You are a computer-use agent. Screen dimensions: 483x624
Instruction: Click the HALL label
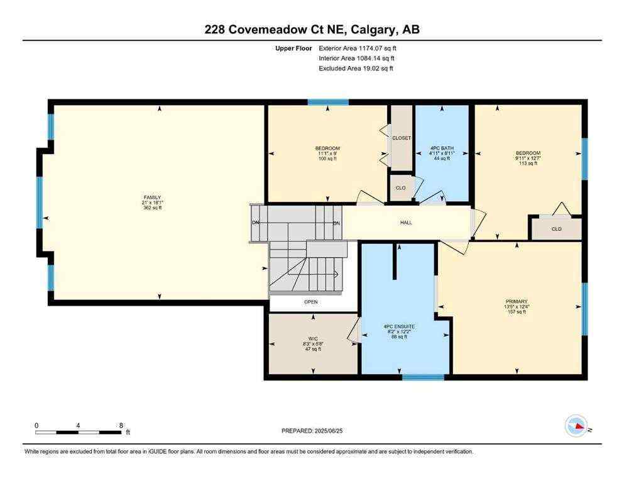pyautogui.click(x=406, y=223)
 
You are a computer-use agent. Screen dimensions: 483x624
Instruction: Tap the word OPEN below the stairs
pyautogui.click(x=311, y=302)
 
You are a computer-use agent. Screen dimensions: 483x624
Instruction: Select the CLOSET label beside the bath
pyautogui.click(x=401, y=138)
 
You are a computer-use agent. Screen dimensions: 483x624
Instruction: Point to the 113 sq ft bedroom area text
pyautogui.click(x=528, y=164)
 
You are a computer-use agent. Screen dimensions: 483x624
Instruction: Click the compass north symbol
pyautogui.click(x=577, y=427)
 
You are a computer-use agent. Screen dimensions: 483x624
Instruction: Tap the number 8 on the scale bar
pyautogui.click(x=120, y=425)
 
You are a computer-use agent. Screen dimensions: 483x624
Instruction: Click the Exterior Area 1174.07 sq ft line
pyautogui.click(x=358, y=48)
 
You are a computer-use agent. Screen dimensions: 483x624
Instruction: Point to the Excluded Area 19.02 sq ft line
pyautogui.click(x=356, y=69)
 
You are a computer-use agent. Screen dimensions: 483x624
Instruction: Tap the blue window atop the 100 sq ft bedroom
pyautogui.click(x=327, y=102)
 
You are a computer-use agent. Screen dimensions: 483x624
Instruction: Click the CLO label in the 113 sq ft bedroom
pyautogui.click(x=556, y=229)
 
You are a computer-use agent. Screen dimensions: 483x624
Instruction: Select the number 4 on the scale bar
pyautogui.click(x=78, y=425)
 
